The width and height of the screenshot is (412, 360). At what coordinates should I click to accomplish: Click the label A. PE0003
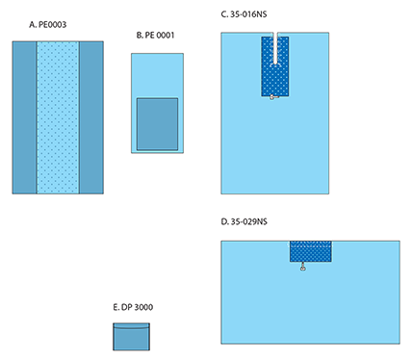[x=47, y=25]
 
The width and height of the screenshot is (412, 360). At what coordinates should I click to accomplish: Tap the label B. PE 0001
[x=155, y=36]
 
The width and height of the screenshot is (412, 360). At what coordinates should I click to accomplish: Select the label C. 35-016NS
[x=244, y=14]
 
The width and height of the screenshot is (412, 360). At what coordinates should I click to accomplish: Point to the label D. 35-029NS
[x=245, y=221]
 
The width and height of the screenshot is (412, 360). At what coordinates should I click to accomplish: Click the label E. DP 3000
[x=133, y=307]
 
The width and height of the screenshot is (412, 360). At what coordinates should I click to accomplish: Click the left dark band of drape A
[x=24, y=117]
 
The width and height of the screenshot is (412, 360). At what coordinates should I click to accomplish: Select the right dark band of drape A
[x=91, y=117]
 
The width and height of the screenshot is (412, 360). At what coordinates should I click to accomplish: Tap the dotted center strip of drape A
[x=58, y=117]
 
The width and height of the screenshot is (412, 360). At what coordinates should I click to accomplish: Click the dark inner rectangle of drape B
[x=157, y=124]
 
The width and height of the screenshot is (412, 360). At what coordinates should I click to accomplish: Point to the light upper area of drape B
[x=157, y=76]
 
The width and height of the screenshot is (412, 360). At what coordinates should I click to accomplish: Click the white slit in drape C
[x=275, y=48]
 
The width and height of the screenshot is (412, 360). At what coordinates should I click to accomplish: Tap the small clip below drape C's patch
[x=273, y=97]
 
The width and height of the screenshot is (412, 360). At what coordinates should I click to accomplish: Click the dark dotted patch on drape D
[x=311, y=251]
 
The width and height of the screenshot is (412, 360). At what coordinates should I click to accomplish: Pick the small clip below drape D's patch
[x=302, y=267]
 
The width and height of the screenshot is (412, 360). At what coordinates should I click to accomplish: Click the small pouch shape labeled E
[x=131, y=337]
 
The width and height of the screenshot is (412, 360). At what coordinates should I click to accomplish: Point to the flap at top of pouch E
[x=131, y=326]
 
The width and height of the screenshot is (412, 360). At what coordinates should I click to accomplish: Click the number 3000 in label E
[x=143, y=307]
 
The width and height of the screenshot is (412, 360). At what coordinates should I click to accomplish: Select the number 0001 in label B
[x=165, y=36]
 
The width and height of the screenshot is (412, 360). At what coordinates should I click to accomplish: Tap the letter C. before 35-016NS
[x=224, y=14]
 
